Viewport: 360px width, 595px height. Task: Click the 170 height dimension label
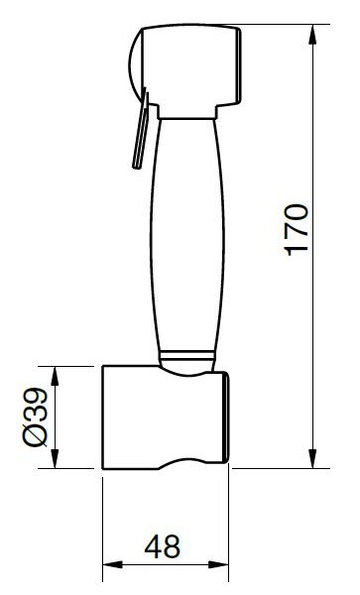297,230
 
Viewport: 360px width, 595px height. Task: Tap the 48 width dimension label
163,546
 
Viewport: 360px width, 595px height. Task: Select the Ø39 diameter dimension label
36,416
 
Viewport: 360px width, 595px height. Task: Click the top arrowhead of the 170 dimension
312,35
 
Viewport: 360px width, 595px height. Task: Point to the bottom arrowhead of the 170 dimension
312,458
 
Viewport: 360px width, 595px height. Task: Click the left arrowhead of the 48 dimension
113,564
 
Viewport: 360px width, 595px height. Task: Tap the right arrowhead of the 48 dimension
218,564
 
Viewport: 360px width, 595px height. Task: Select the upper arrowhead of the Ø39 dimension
55,377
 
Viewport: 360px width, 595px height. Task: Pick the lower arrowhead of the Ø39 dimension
55,458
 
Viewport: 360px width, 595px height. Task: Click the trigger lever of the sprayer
140,129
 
